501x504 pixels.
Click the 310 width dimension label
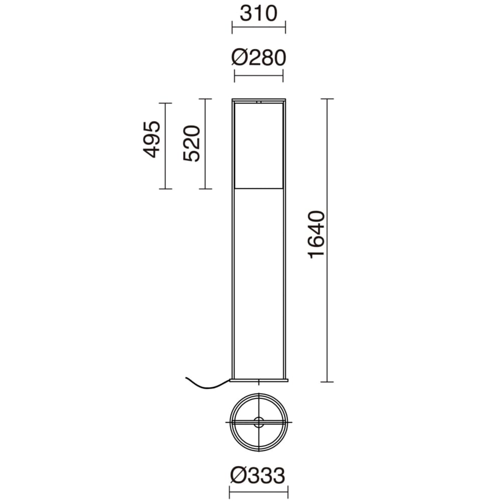coord(259,14)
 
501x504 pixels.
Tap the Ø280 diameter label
coord(259,58)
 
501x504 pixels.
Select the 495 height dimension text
coord(152,140)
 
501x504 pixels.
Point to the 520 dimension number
coord(192,143)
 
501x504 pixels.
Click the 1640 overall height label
coord(317,235)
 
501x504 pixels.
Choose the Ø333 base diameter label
coord(258,475)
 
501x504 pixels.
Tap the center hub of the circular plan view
coord(259,422)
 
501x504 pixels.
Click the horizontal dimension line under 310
coord(259,27)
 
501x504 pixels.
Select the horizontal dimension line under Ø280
coord(259,76)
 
